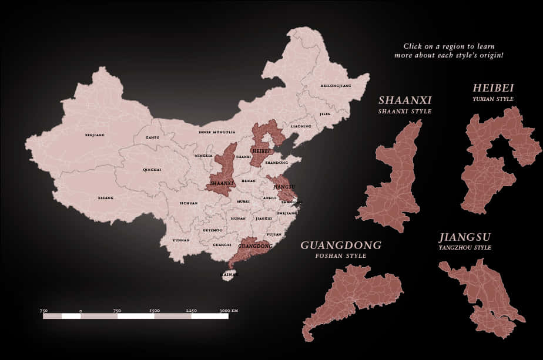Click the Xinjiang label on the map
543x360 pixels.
point(95,135)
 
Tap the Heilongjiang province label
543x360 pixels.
point(336,86)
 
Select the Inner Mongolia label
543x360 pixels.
point(217,132)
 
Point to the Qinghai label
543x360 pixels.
point(152,170)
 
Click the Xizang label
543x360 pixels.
point(106,198)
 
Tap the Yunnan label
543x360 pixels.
point(181,240)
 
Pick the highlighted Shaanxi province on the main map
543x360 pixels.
point(222,176)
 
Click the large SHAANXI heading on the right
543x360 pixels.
point(405,100)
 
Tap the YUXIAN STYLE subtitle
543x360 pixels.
point(493,99)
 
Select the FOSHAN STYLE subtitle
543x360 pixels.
point(341,256)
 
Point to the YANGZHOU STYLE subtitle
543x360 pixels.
point(465,248)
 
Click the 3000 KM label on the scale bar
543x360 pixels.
point(228,310)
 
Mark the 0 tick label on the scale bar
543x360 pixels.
point(81,310)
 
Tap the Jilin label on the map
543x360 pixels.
point(325,114)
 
